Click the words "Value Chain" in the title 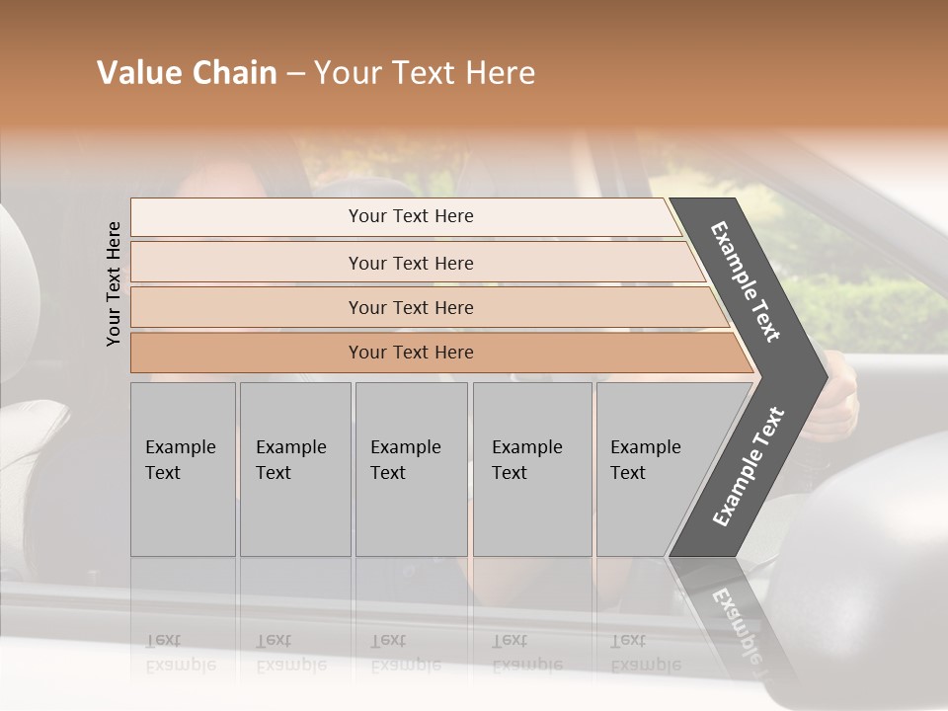coord(187,73)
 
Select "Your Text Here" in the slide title coord(425,73)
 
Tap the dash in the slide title coord(295,74)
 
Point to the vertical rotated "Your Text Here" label coord(114,283)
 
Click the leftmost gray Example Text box coord(183,469)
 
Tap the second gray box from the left coord(295,469)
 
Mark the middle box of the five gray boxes coord(411,469)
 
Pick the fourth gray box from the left coord(532,469)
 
